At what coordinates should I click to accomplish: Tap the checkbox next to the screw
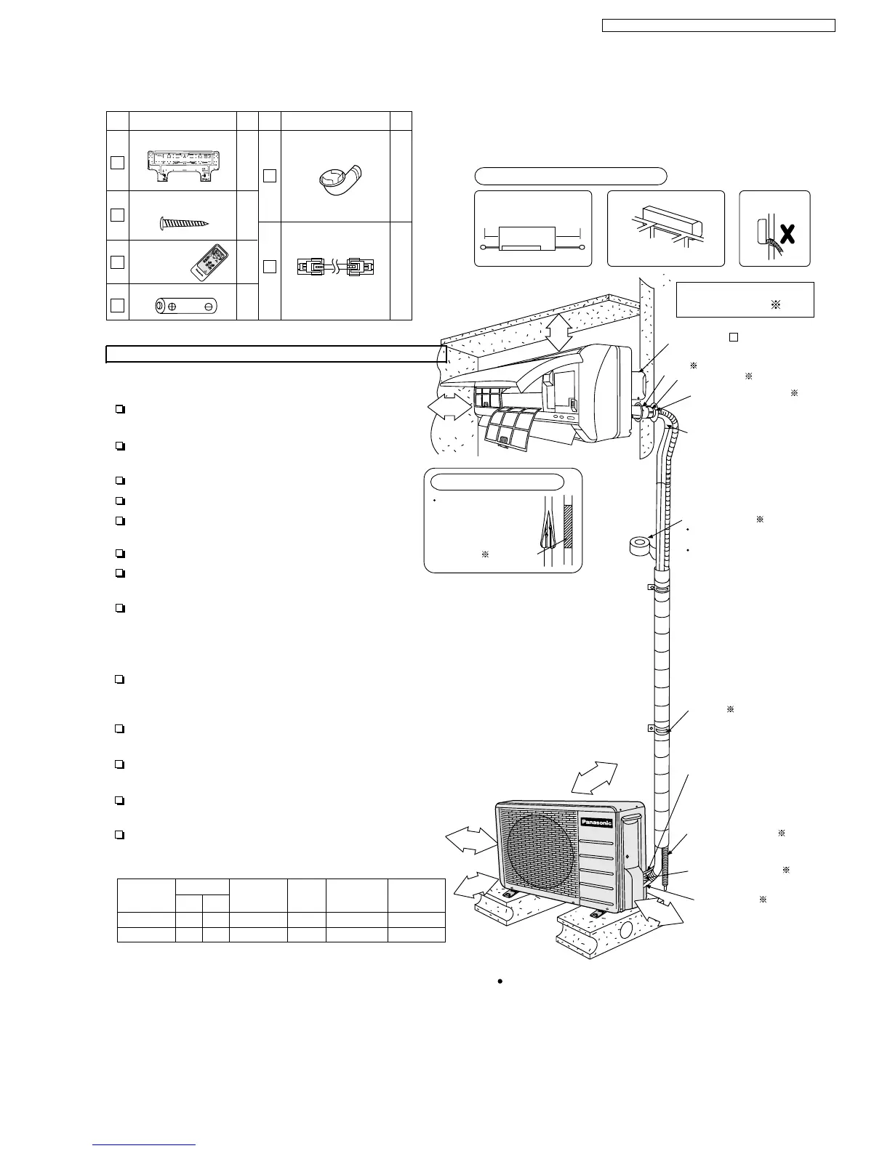coord(118,215)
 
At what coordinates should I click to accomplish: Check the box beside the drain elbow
coord(270,175)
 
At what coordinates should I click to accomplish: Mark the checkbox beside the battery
coord(118,305)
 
